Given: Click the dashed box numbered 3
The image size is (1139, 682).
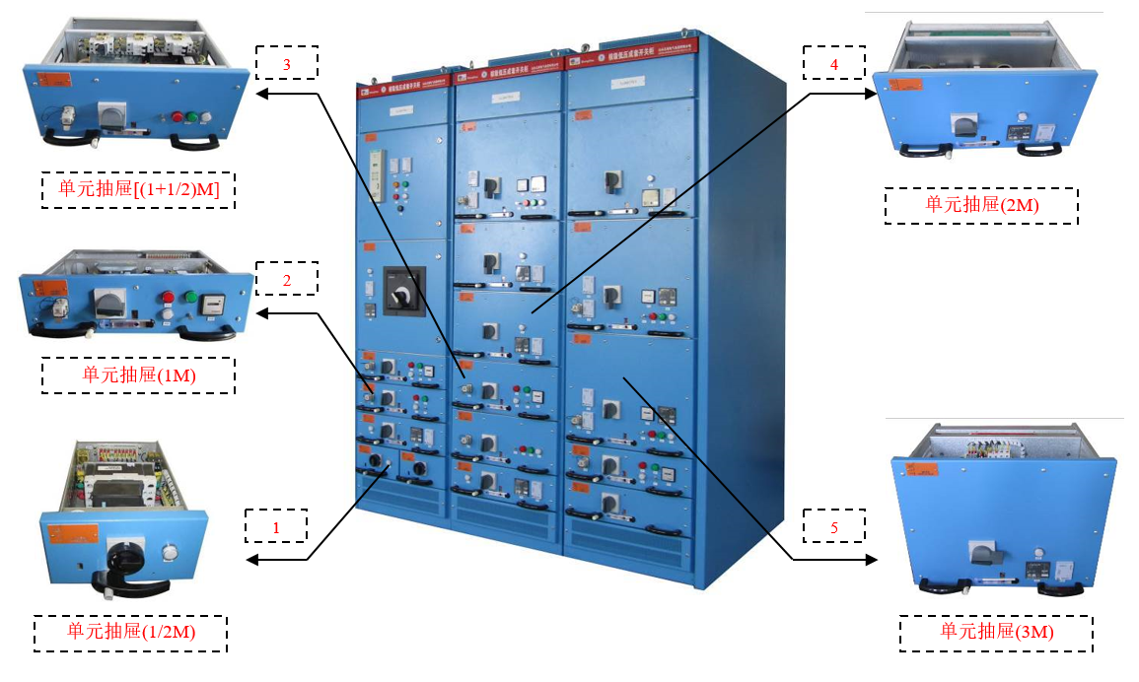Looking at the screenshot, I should pyautogui.click(x=287, y=62).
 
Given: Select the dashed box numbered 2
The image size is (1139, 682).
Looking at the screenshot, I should pyautogui.click(x=287, y=279).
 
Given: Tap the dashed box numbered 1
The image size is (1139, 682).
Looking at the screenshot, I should pyautogui.click(x=276, y=526).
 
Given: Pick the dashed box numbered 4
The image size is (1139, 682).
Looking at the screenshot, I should pyautogui.click(x=834, y=62).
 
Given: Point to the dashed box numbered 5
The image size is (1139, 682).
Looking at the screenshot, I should pyautogui.click(x=834, y=526).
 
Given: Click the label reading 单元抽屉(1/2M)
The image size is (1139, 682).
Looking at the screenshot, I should pyautogui.click(x=131, y=633).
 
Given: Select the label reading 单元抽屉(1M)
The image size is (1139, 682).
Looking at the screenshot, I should pyautogui.click(x=138, y=375).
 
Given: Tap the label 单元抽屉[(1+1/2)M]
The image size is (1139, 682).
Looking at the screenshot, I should pyautogui.click(x=138, y=189).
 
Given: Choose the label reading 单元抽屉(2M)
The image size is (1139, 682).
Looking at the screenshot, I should pyautogui.click(x=981, y=205).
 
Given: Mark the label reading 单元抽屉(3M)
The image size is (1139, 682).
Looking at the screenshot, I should pyautogui.click(x=996, y=633).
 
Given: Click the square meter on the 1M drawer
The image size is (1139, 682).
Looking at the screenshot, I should pyautogui.click(x=212, y=305).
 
